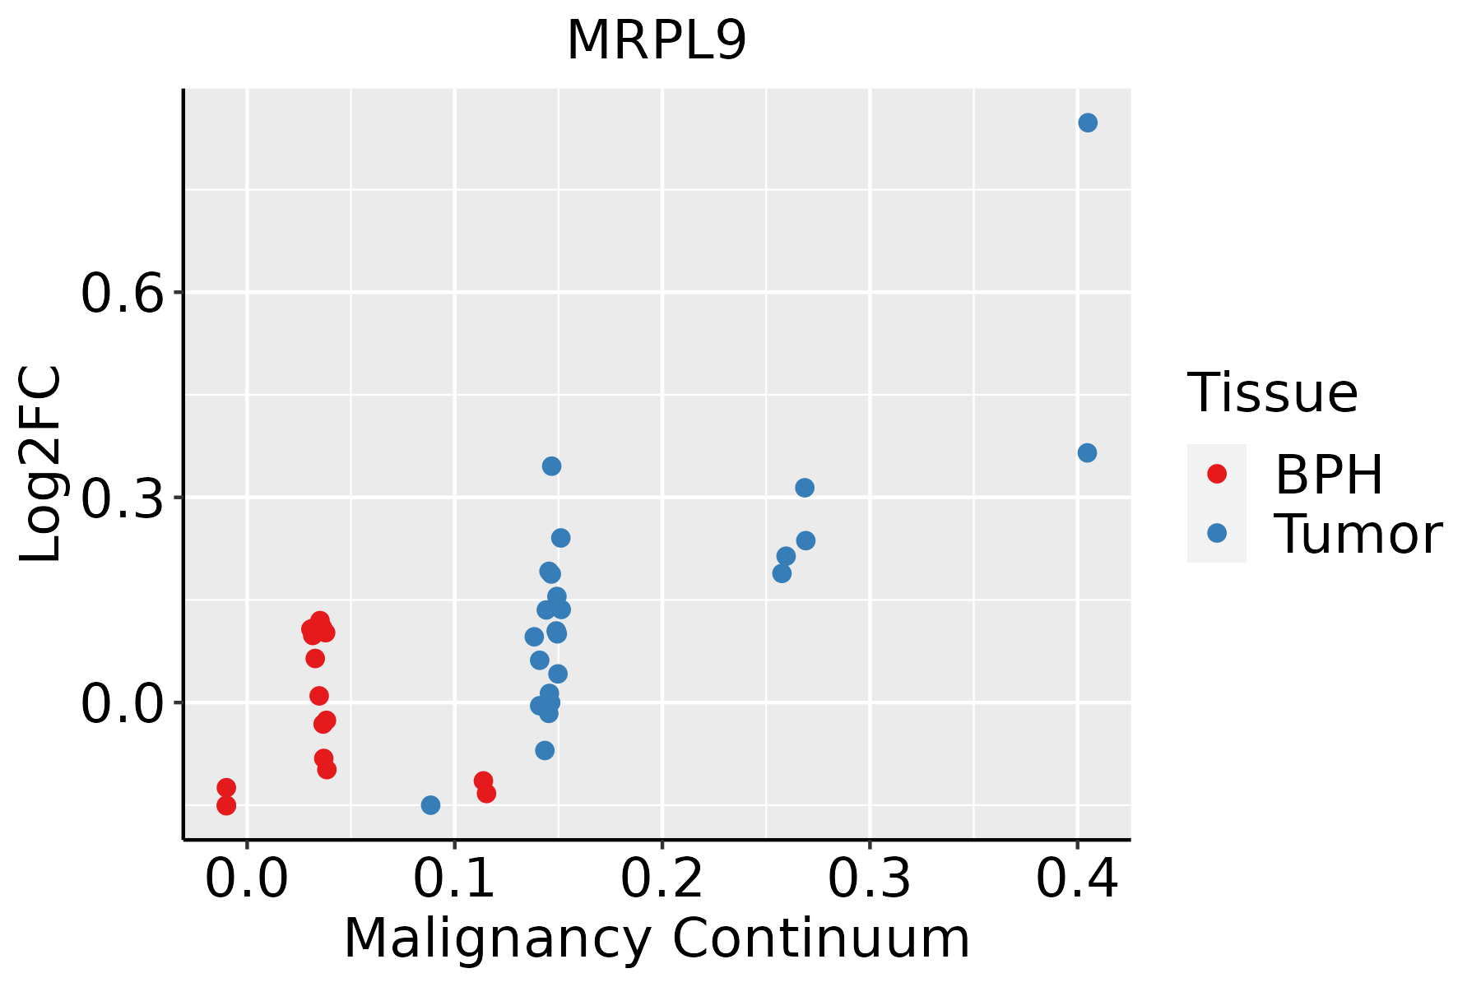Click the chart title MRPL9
coord(657,40)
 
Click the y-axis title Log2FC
coord(41,465)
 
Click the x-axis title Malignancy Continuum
coord(657,938)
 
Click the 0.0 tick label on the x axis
coord(247,879)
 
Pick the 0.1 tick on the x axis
coord(454,879)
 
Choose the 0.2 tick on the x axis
coord(662,879)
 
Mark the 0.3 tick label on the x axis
coord(869,879)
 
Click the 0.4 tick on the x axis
coord(1076,879)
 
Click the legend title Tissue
coord(1273,393)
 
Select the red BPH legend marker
coord(1216,474)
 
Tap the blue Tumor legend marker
coord(1216,533)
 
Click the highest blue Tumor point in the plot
coord(1088,123)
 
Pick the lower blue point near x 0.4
coord(1087,453)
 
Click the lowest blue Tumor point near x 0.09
coord(430,804)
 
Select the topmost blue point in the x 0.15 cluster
coord(551,466)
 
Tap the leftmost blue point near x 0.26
coord(782,573)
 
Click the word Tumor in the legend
coord(1358,535)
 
